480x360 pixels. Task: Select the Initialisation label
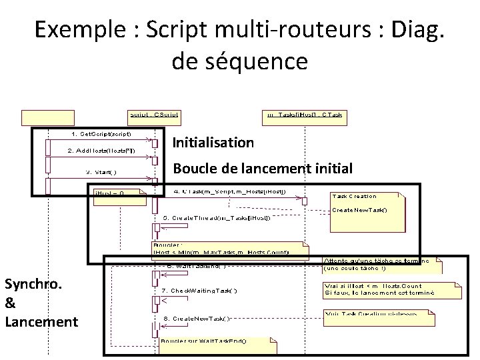(213, 142)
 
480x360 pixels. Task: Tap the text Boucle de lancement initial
(263, 168)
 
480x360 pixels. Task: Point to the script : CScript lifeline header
(153, 115)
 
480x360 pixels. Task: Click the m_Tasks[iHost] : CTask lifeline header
(304, 115)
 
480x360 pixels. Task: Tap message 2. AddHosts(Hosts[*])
(102, 151)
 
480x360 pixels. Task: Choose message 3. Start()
(101, 171)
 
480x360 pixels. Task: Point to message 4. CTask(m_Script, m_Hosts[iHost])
(230, 192)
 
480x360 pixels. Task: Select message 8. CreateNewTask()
(197, 319)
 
